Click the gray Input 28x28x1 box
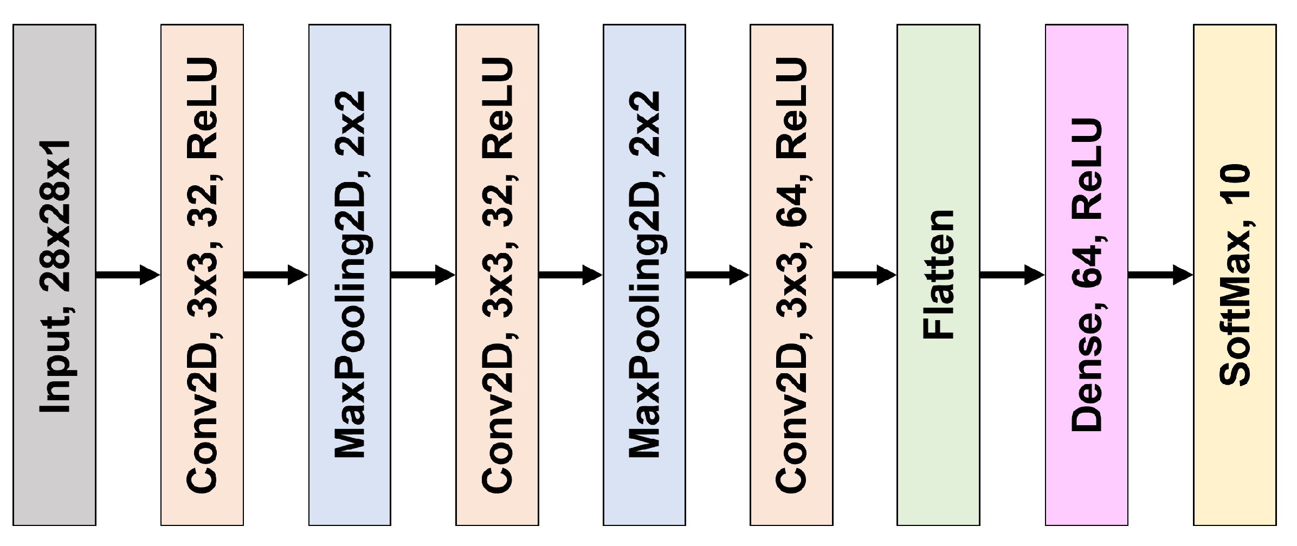[54, 275]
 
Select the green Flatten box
[938, 275]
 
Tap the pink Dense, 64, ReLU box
[1086, 275]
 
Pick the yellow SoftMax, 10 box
[1234, 275]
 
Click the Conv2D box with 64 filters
[791, 275]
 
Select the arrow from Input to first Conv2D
[128, 275]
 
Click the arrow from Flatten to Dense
[1012, 275]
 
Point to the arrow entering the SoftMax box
[1160, 275]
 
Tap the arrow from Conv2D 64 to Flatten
[864, 275]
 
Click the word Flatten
[938, 275]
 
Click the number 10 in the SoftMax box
[1235, 184]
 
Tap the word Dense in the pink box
[1087, 379]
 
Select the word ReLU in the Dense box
[1087, 168]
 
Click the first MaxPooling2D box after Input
[350, 275]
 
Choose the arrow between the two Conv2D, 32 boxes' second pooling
[570, 275]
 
